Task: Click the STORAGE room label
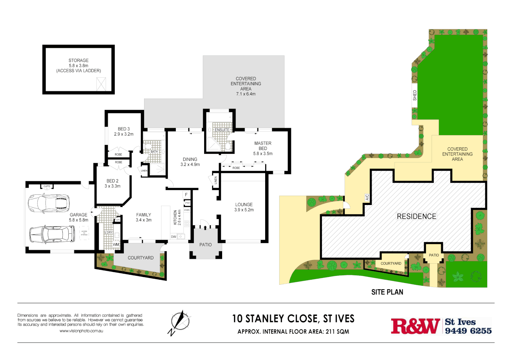pos(79,60)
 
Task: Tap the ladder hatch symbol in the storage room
pos(101,84)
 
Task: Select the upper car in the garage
pos(49,203)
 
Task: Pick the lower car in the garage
pos(52,234)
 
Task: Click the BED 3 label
pos(124,129)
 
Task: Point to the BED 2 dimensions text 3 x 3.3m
pos(112,186)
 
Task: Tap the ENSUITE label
pos(222,130)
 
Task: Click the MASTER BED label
pos(263,146)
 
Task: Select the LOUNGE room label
pos(244,205)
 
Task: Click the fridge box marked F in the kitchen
pos(186,195)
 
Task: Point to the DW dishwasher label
pos(173,237)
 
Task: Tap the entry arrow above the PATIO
pos(205,228)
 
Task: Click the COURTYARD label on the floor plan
pos(140,258)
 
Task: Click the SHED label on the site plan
pos(415,95)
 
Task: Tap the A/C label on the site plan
pos(367,198)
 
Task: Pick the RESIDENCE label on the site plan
pos(416,216)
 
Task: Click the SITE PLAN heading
pos(387,292)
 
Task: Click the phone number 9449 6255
pos(468,331)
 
